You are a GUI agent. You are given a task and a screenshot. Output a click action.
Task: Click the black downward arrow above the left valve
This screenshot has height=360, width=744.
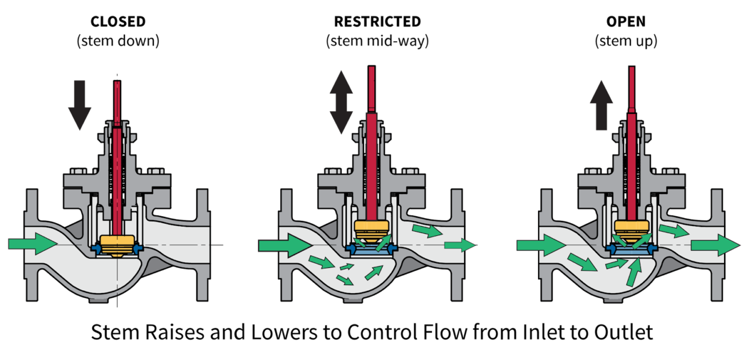80,104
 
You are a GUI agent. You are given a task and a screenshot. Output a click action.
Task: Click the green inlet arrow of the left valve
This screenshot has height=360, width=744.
32,244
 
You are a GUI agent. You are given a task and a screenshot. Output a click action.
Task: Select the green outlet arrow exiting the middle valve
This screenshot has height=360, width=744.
460,246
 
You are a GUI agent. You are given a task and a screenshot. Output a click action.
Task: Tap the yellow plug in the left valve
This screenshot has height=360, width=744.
117,244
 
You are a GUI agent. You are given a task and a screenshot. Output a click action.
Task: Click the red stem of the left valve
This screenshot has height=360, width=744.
117,160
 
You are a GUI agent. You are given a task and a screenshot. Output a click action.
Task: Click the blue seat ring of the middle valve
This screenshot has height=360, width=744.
372,249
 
